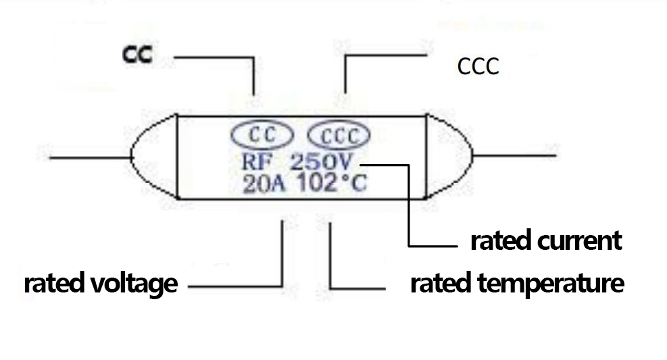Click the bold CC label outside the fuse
click(137, 55)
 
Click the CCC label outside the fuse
click(478, 66)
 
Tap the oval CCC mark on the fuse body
click(339, 136)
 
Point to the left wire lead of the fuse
click(88, 158)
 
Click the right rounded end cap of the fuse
click(447, 156)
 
